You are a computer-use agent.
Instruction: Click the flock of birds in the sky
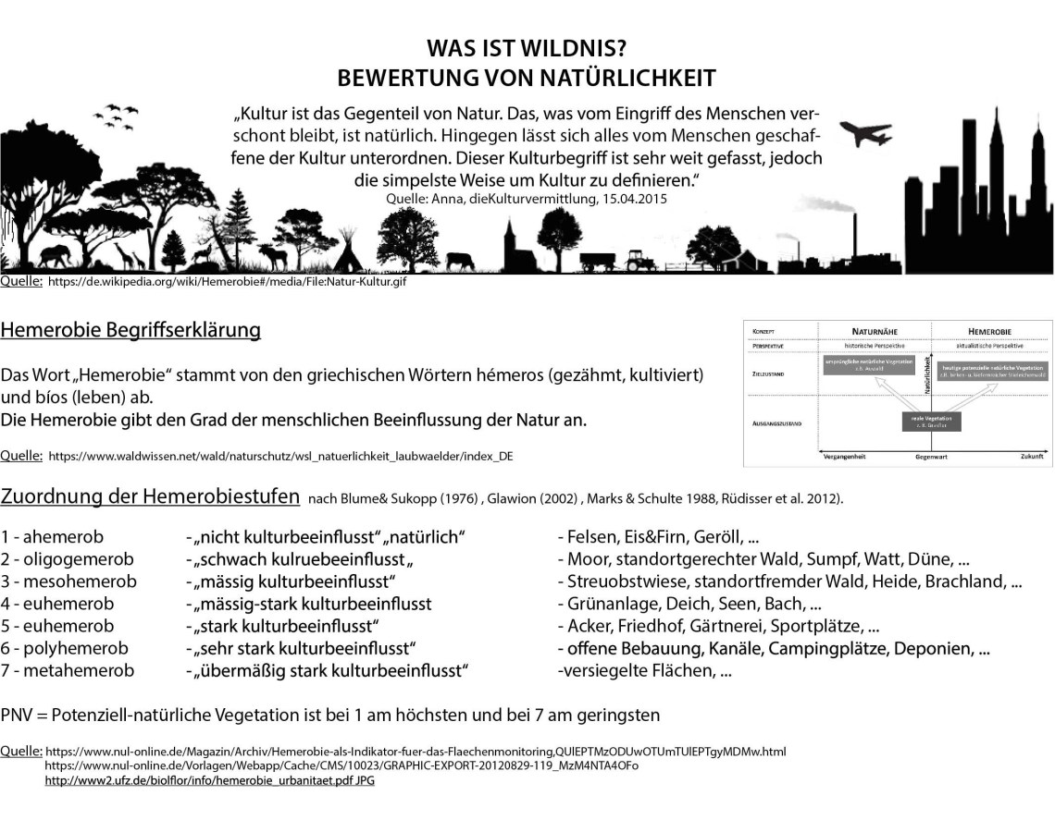pyautogui.click(x=119, y=115)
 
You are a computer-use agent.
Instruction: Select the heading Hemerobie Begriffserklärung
pyautogui.click(x=130, y=330)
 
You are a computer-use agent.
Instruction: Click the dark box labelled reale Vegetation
pyautogui.click(x=933, y=421)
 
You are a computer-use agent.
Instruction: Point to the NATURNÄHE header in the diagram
pyautogui.click(x=875, y=329)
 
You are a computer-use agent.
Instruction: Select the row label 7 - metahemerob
pyautogui.click(x=68, y=670)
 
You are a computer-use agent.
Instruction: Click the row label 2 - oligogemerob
pyautogui.click(x=68, y=559)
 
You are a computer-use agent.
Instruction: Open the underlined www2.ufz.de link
pyautogui.click(x=209, y=780)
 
